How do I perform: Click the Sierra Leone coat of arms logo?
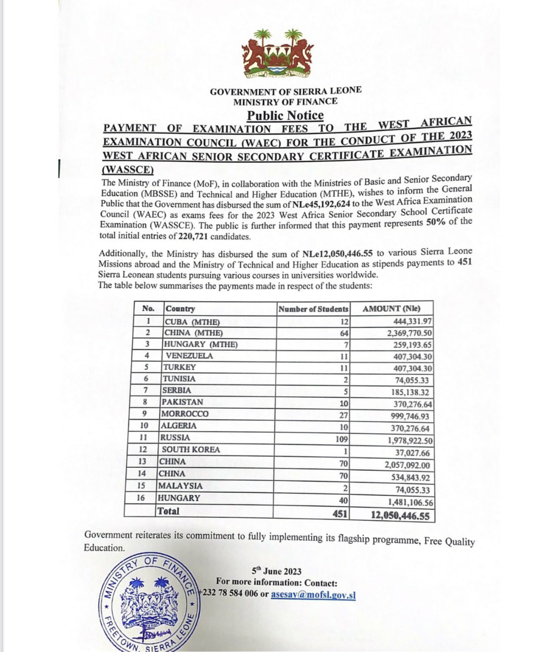pos(277,54)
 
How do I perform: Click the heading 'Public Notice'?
pos(285,116)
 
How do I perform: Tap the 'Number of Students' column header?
pos(313,309)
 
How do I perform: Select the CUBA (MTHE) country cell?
pos(192,322)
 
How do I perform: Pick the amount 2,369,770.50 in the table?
pos(409,333)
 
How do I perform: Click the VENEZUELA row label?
pos(189,356)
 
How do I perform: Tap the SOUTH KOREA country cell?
pos(191,450)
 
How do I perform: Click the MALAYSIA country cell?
pos(180,486)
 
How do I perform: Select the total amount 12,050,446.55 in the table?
pos(400,515)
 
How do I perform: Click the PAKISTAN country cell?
pos(182,402)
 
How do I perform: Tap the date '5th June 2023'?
pos(276,571)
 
